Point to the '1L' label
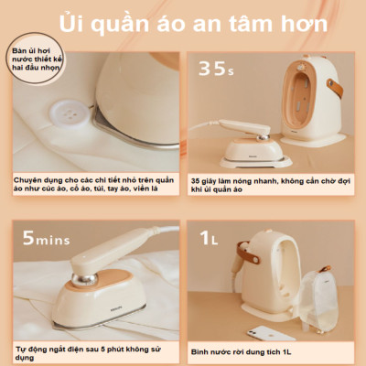212,240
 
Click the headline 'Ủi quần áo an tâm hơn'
183,21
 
